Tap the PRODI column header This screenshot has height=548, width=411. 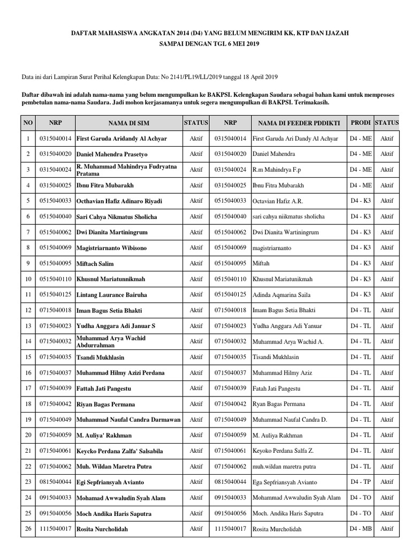tap(360, 123)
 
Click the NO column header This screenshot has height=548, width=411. tap(28, 123)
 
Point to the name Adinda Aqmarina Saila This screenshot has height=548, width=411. tap(280, 295)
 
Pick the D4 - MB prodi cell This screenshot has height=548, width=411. tap(360, 529)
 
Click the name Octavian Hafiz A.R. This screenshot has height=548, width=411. tap(277, 201)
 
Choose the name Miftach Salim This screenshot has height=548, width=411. tap(95, 264)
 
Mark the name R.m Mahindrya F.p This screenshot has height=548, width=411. tap(277, 170)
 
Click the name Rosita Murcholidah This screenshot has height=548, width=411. tap(277, 529)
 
